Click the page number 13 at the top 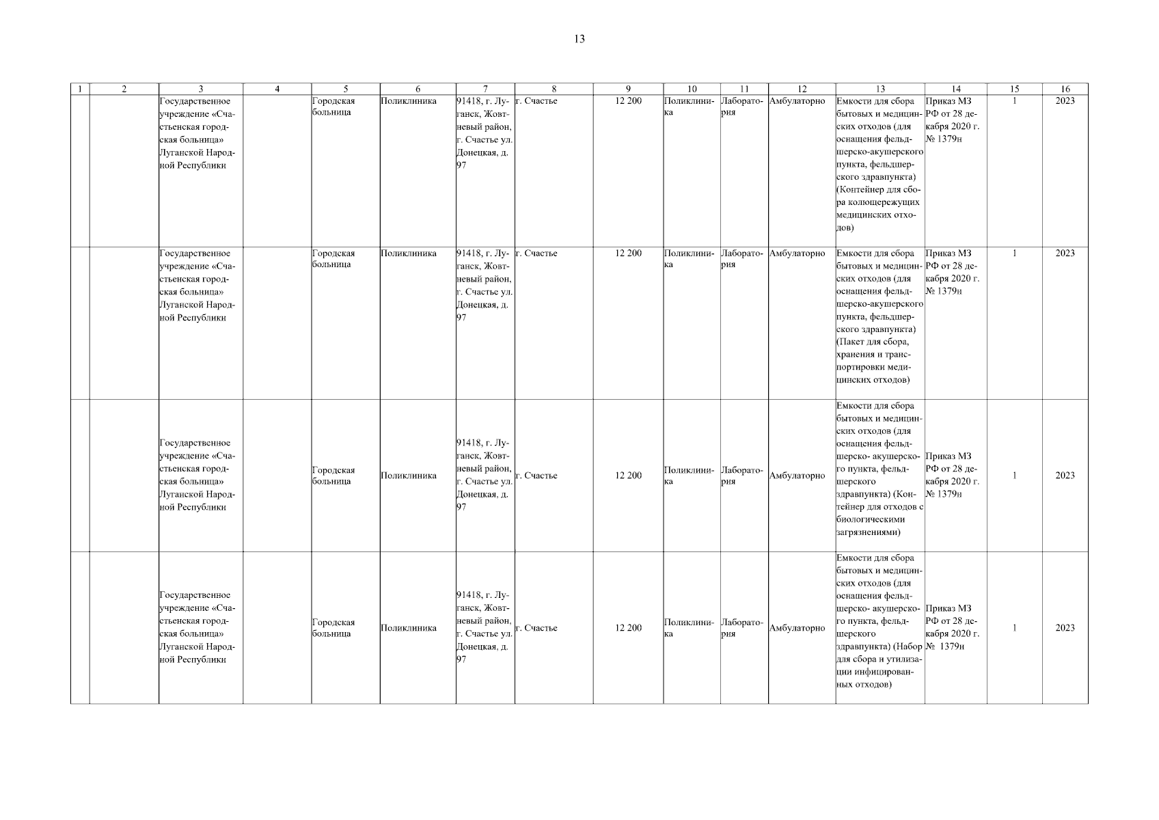click(x=579, y=39)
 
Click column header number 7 click(x=485, y=89)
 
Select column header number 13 click(x=880, y=89)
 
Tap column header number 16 click(x=1065, y=89)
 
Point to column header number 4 click(x=277, y=89)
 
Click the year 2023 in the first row click(x=1065, y=101)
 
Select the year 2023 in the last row click(x=1065, y=628)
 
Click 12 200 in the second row click(x=628, y=254)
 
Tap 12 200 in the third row click(x=628, y=476)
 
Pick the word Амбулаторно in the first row click(x=797, y=101)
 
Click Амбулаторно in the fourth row click(x=797, y=628)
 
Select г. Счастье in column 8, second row click(x=536, y=254)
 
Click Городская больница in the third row click(x=333, y=476)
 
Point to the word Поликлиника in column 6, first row click(x=408, y=101)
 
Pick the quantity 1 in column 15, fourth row click(x=1014, y=628)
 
